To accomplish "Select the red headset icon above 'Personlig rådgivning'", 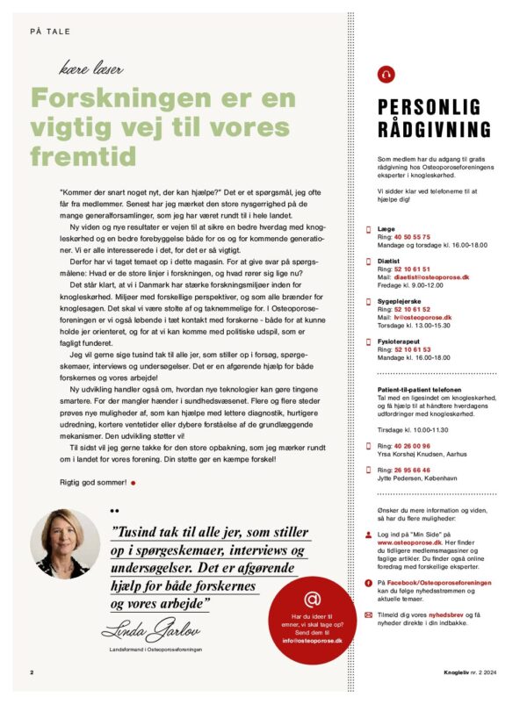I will tap(384, 75).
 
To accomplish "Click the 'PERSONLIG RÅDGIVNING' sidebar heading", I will tap(434, 119).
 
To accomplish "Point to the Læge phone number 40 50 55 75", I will tap(411, 236).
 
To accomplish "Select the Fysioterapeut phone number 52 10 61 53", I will tap(411, 348).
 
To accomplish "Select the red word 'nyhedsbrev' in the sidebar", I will tap(454, 614).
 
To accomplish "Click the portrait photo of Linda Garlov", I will tap(66, 543).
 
